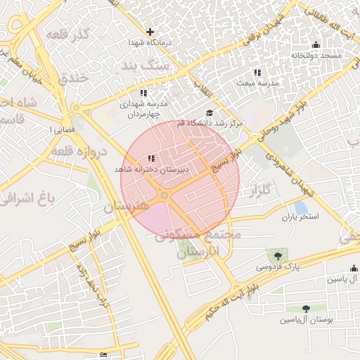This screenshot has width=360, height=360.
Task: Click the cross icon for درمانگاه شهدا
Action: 150,32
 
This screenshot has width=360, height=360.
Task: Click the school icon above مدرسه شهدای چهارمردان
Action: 143,93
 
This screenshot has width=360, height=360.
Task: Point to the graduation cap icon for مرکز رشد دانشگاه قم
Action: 209,112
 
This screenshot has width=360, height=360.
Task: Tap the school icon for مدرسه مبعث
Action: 257,72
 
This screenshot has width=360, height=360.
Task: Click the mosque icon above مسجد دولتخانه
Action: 316,45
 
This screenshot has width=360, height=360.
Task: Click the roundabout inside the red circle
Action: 165,195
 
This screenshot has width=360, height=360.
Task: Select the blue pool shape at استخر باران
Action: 301,208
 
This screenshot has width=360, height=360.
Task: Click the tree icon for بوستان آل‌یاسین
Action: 306,309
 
